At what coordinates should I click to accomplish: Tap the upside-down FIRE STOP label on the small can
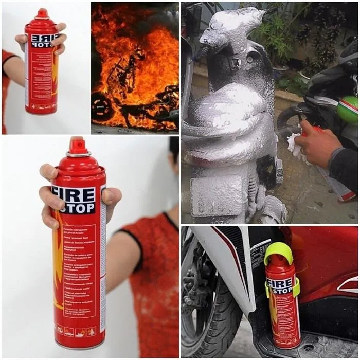[45, 41]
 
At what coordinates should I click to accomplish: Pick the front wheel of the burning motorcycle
[102, 106]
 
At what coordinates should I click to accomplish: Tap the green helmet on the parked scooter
[348, 109]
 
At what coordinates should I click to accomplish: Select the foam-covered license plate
[212, 196]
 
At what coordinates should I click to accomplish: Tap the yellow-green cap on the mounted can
[278, 251]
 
